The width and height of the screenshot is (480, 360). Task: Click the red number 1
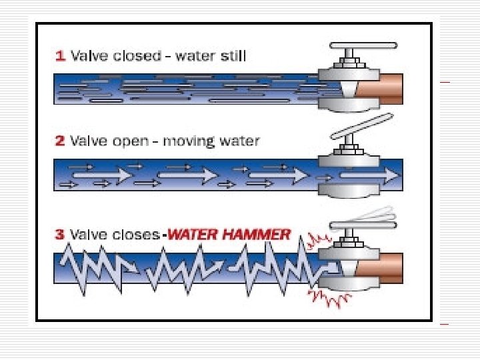pyautogui.click(x=59, y=56)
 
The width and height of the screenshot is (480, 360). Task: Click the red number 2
pyautogui.click(x=59, y=141)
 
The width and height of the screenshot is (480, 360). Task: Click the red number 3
pyautogui.click(x=59, y=235)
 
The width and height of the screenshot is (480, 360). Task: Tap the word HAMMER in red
pyautogui.click(x=257, y=234)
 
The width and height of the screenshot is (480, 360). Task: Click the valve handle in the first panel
pyautogui.click(x=363, y=46)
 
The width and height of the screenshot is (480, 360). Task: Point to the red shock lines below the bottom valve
pyautogui.click(x=327, y=299)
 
